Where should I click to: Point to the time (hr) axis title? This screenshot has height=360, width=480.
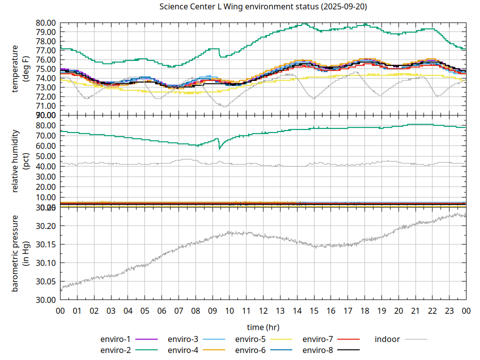(263, 327)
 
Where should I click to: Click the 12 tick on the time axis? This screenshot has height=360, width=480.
(263, 310)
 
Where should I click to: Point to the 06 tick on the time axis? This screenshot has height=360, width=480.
(161, 310)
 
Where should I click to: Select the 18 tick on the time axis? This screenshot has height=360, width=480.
(364, 310)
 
